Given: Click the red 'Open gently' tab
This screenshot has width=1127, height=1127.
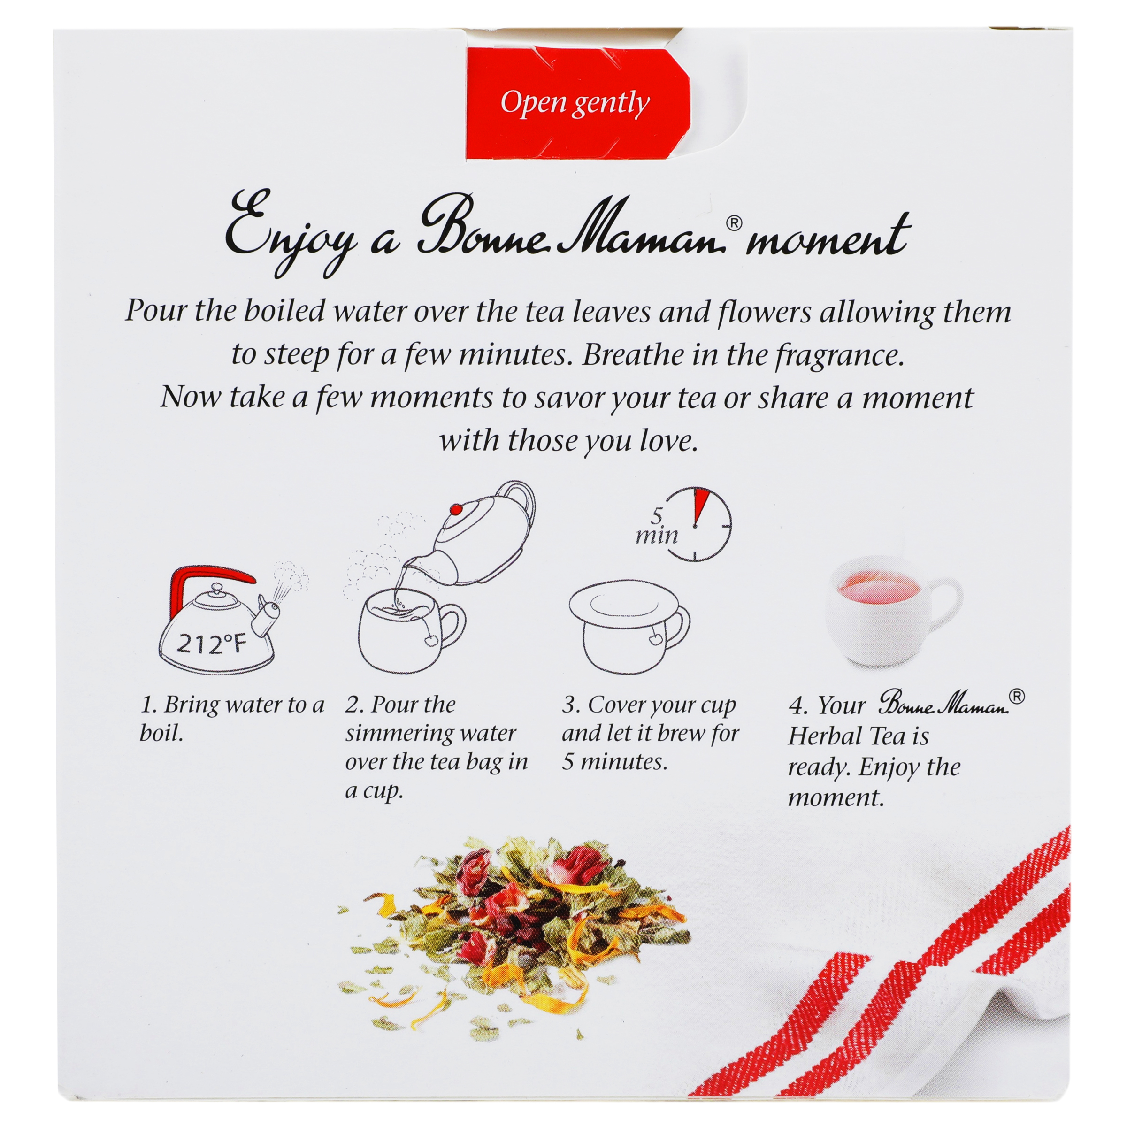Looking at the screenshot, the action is click(x=577, y=104).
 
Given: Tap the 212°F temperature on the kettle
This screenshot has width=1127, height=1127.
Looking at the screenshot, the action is click(x=212, y=644).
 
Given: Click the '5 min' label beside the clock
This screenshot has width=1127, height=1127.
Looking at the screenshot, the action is click(x=657, y=526).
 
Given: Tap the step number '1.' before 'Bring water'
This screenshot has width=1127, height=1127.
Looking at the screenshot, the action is click(x=149, y=705).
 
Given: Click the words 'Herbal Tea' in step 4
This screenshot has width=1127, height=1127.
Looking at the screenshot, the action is click(x=858, y=736).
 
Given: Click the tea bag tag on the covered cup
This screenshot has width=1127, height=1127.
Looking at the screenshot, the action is click(x=654, y=639).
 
